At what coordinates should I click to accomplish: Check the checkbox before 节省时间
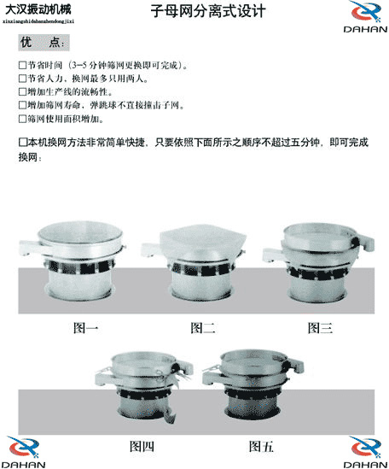pos(22,65)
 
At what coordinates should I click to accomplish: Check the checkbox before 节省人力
pos(22,79)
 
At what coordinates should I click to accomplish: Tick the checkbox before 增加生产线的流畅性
pos(22,91)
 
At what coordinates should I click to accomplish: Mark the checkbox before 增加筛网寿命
pos(22,105)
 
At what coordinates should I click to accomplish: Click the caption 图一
pos(86,327)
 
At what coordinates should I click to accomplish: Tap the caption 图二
pos(202,327)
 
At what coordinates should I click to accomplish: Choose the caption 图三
pos(319,327)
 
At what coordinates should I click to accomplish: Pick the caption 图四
pos(142,446)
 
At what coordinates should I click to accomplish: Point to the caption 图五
pos(261,446)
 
